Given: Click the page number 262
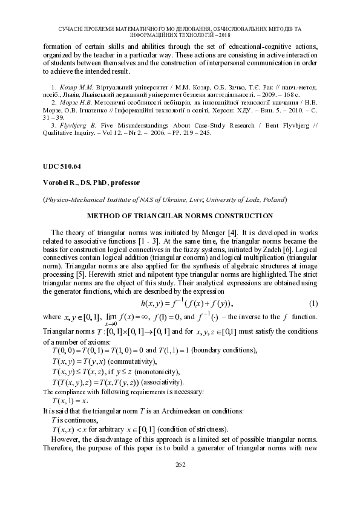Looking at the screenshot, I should click(180, 464).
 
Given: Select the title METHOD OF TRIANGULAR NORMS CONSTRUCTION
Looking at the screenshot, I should click(180, 215).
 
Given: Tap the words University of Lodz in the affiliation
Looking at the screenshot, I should click(231, 199).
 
